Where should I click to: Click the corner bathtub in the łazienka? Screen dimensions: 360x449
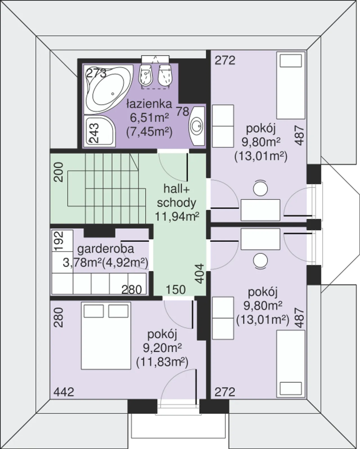pyautogui.click(x=109, y=89)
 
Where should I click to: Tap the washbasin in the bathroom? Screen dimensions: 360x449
pyautogui.click(x=197, y=126)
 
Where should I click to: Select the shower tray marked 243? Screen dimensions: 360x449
pyautogui.click(x=100, y=131)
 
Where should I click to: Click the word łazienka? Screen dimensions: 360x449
pyautogui.click(x=150, y=104)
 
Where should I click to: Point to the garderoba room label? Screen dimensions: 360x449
pyautogui.click(x=106, y=249)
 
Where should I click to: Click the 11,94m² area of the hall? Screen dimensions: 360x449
pyautogui.click(x=177, y=217)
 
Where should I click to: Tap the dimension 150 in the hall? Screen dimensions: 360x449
pyautogui.click(x=175, y=290)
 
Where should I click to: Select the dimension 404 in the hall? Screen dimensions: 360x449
pyautogui.click(x=200, y=274)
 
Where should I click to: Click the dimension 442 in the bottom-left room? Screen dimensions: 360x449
pyautogui.click(x=64, y=392)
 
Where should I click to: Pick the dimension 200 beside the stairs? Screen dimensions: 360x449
pyautogui.click(x=58, y=172)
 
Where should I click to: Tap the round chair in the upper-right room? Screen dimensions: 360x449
pyautogui.click(x=260, y=188)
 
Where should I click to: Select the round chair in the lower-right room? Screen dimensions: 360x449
pyautogui.click(x=260, y=261)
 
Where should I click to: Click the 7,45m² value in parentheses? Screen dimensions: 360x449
pyautogui.click(x=149, y=132)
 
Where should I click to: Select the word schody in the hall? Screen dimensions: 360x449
pyautogui.click(x=177, y=203)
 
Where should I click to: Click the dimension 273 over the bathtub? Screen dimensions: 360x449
pyautogui.click(x=96, y=73)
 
